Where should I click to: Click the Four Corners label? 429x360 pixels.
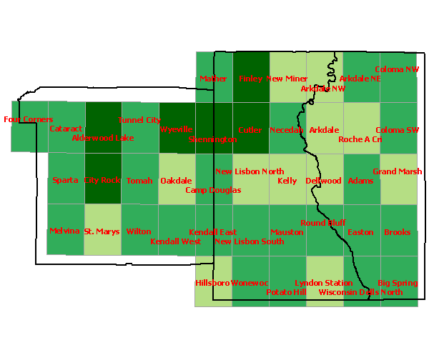pos(28,119)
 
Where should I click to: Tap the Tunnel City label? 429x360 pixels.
pos(139,120)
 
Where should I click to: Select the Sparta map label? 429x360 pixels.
pos(65,181)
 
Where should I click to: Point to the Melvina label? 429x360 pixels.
pos(64,231)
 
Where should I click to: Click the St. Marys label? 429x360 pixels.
pos(102,231)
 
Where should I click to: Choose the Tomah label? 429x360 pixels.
pos(139,181)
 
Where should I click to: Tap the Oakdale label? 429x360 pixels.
pos(176,181)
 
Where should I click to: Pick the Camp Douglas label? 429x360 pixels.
pos(213,190)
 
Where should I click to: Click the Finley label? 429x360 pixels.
pos(251,79)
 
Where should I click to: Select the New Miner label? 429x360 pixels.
pos(287,79)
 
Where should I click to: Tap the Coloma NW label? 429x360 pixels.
pos(398,69)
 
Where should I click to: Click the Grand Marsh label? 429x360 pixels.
pos(398,171)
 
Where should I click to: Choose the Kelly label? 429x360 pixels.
pos(287,181)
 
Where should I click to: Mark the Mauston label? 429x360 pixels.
pos(287,232)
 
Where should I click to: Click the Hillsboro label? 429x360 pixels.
pos(212,283)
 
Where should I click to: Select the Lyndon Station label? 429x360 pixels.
pos(324,284)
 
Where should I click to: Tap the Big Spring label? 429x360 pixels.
pos(398,283)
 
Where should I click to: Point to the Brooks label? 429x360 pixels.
pos(398,232)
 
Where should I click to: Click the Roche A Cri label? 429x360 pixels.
pos(360,139)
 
